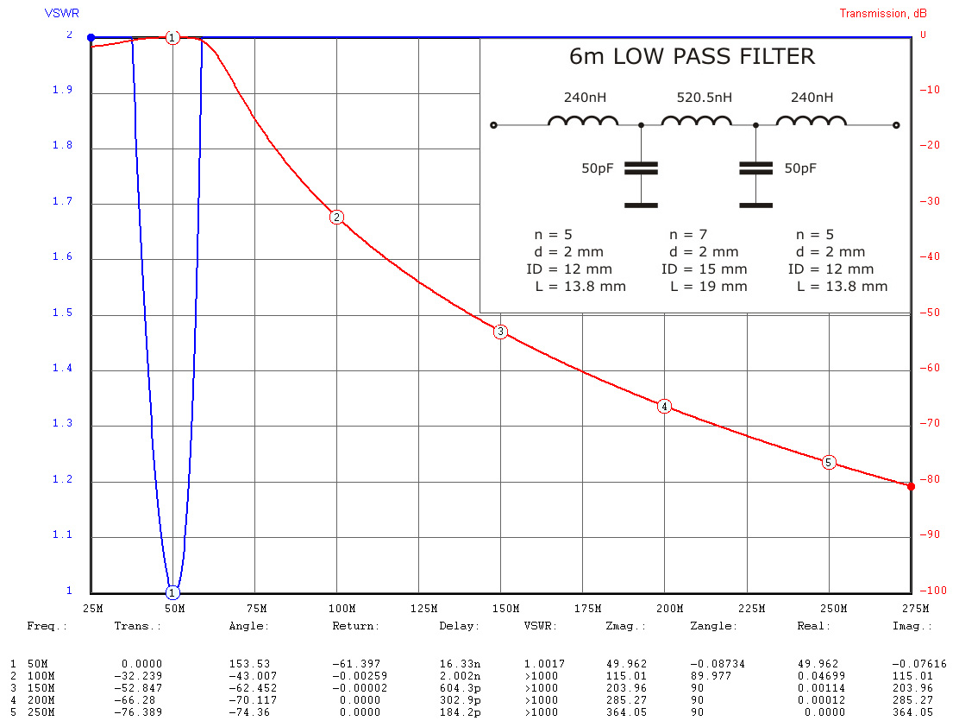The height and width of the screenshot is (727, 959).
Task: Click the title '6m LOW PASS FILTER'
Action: tap(692, 57)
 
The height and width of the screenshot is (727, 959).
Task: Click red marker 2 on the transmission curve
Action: tap(336, 218)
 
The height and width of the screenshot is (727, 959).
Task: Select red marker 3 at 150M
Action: tap(500, 332)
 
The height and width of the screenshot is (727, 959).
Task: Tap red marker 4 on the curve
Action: tap(664, 406)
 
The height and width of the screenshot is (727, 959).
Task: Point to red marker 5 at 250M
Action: tap(829, 462)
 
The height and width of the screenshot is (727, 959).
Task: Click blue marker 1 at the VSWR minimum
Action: tap(172, 592)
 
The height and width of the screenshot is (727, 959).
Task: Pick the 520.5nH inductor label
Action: tap(704, 98)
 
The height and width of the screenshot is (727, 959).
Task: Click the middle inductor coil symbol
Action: tap(696, 122)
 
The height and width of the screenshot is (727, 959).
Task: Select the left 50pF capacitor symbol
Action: tap(641, 169)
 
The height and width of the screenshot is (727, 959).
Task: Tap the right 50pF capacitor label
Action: tap(800, 169)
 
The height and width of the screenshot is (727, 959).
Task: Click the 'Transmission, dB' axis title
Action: tap(884, 13)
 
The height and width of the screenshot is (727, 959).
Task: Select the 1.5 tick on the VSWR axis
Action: tap(63, 314)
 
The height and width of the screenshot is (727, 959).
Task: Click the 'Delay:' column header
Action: tap(454, 626)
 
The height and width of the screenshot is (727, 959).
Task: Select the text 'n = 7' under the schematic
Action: tap(688, 235)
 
